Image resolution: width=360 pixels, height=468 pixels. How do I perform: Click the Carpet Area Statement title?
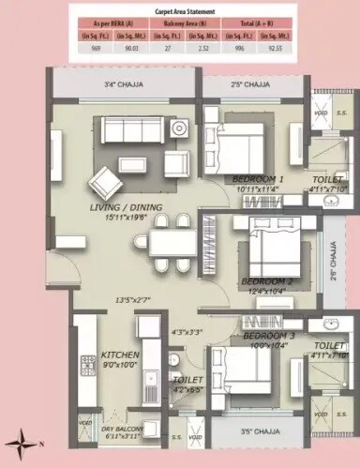181,11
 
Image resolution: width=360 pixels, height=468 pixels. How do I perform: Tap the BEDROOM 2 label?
266,280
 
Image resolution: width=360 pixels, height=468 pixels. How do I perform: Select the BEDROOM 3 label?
268,335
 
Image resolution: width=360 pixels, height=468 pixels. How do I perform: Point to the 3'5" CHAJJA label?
259,431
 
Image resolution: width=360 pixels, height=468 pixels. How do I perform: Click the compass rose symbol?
20,438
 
